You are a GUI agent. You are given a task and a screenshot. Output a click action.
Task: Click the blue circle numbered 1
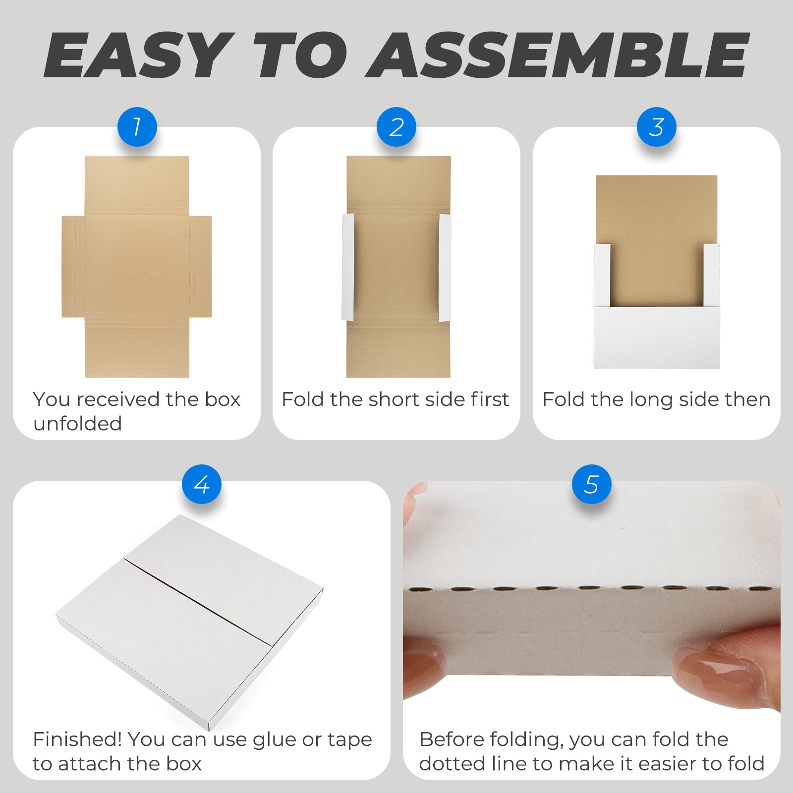(137, 127)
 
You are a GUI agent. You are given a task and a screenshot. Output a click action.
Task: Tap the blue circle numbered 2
(396, 127)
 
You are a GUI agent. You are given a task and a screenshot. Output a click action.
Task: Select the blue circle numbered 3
(657, 127)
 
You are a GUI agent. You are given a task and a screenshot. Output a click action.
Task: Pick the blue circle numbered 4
(202, 484)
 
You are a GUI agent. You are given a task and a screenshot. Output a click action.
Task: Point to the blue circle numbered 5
(592, 484)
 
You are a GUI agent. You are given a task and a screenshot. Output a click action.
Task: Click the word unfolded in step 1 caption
(77, 424)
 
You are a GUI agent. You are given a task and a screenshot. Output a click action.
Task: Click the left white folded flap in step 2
(348, 267)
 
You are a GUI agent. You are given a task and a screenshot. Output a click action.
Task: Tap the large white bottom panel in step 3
(657, 338)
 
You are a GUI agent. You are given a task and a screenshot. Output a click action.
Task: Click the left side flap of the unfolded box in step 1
(73, 267)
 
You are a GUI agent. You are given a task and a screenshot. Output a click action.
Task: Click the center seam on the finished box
(198, 602)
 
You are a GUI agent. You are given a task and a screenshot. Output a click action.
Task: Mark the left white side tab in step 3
(602, 275)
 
